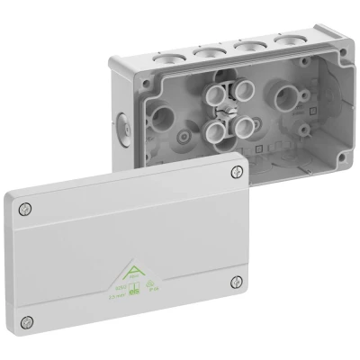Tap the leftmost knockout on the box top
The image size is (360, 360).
pyautogui.click(x=166, y=58)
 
